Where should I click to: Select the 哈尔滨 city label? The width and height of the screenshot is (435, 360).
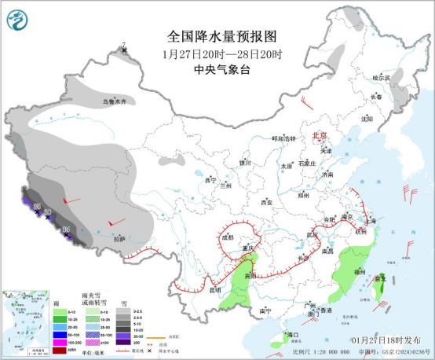381,77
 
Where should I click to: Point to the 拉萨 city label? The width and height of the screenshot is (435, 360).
119,238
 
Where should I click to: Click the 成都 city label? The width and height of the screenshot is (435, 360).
228,236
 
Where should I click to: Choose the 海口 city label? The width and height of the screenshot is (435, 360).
293,335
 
